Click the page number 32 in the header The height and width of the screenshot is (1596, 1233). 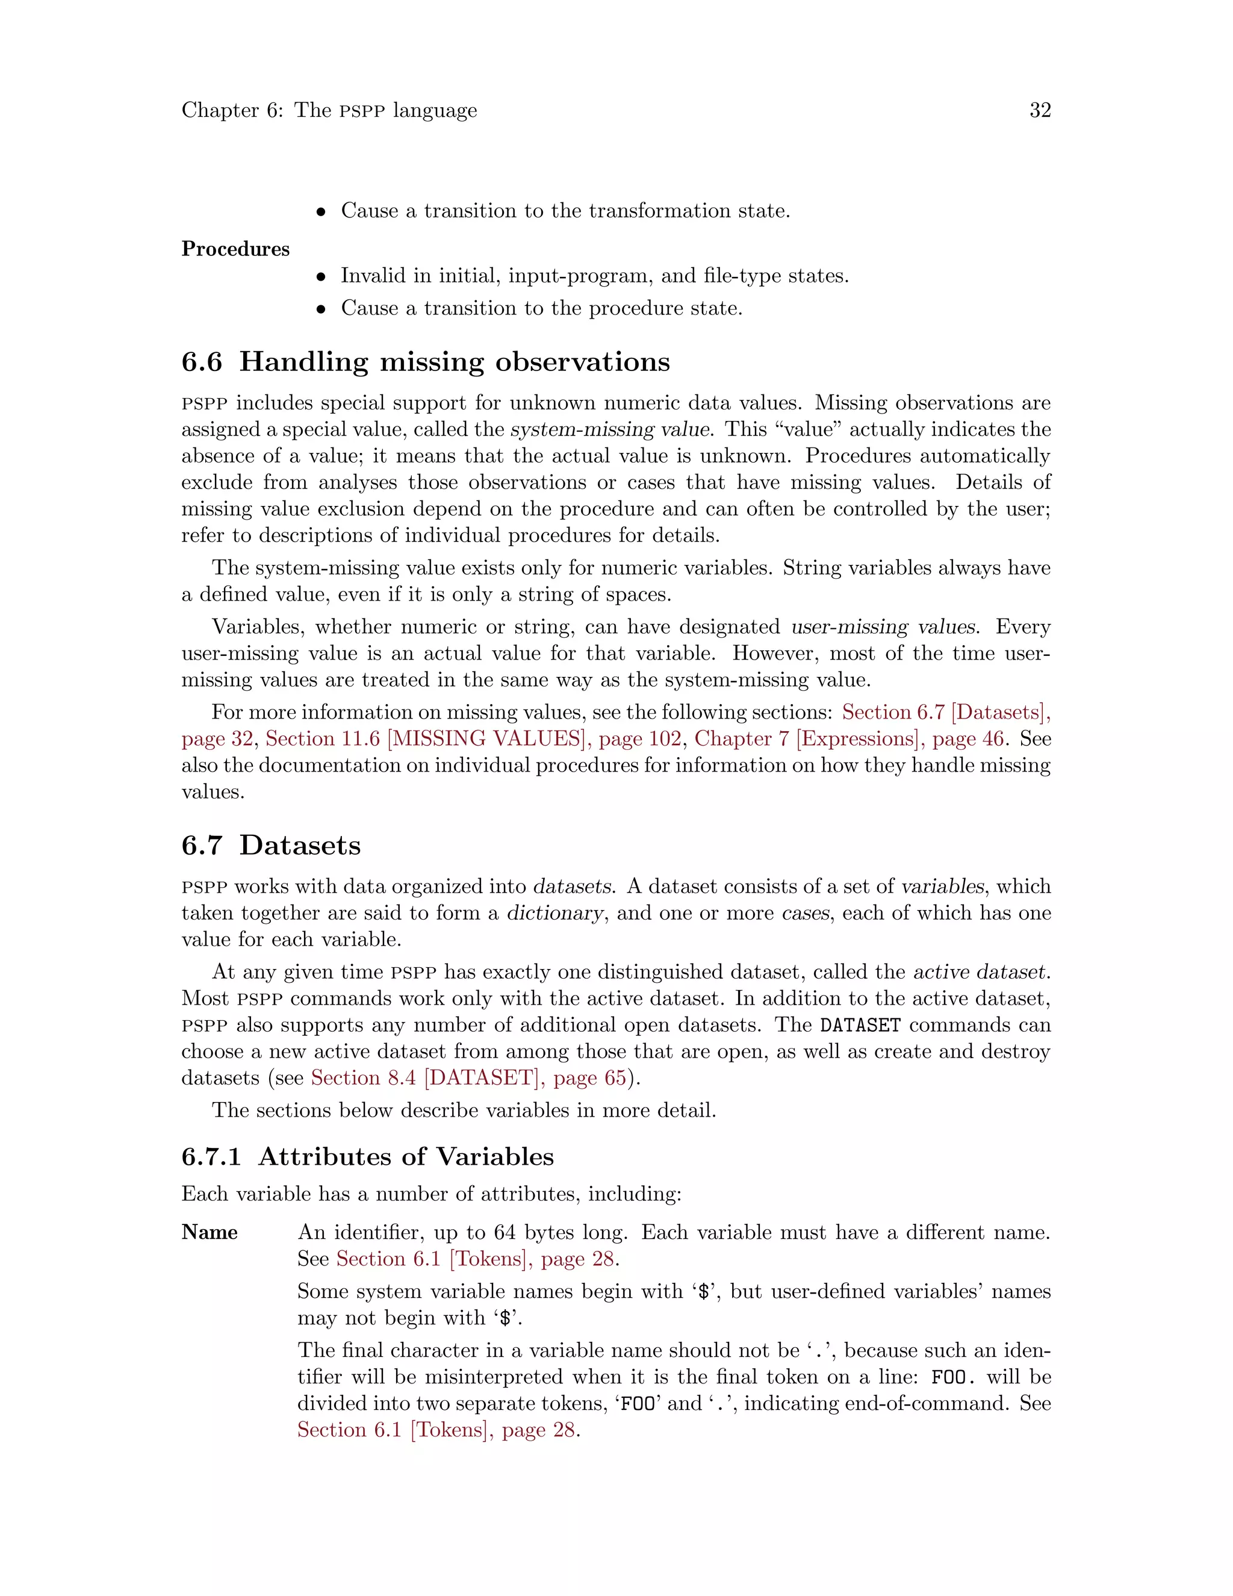pos(1039,110)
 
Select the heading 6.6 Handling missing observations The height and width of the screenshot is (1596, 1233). pos(425,362)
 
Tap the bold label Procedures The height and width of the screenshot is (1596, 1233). pos(235,249)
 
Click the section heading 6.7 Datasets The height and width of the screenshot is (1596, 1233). pos(271,846)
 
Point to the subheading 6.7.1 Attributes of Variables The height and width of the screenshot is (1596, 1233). pos(367,1157)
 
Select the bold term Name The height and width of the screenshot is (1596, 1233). pos(210,1233)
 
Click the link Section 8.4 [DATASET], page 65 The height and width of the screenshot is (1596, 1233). pos(468,1078)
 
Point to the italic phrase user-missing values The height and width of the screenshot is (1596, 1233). pos(884,627)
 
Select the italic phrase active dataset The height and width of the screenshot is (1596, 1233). pos(980,972)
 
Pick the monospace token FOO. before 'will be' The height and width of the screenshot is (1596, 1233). pos(953,1377)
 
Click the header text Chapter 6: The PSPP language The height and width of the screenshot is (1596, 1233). pos(329,110)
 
